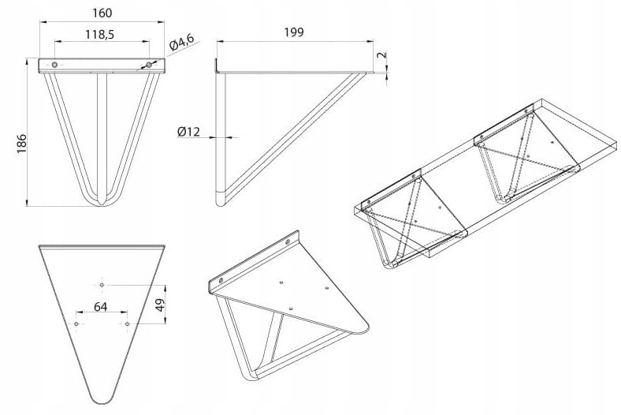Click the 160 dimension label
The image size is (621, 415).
tap(102, 13)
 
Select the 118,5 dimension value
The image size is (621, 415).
tap(99, 35)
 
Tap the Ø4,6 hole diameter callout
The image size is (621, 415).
tap(182, 42)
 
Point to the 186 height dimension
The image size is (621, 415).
tap(21, 144)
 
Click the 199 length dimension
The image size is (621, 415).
tap(294, 32)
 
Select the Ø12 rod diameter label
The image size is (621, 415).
tap(188, 131)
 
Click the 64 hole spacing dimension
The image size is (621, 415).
tap(101, 307)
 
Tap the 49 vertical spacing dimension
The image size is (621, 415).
tap(159, 305)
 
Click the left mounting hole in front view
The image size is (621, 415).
tap(54, 65)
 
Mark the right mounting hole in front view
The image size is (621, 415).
tap(149, 65)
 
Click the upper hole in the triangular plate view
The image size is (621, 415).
tap(102, 285)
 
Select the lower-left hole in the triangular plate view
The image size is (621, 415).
tap(76, 324)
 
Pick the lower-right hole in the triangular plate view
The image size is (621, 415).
tap(127, 324)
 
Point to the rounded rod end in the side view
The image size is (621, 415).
tap(221, 201)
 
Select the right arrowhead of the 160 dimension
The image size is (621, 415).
tap(161, 22)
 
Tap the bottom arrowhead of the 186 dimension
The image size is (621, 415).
tap(28, 203)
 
